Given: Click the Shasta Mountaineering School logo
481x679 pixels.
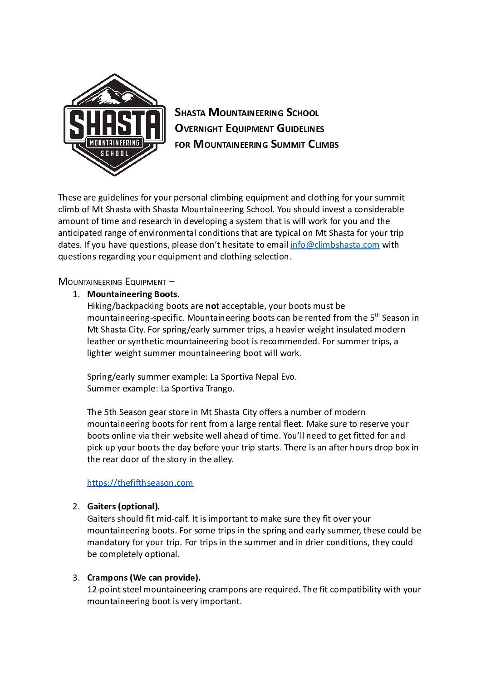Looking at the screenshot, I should coord(114,125).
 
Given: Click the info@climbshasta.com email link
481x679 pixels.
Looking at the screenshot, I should coord(334,245).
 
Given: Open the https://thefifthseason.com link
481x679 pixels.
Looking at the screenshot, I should coord(140,483).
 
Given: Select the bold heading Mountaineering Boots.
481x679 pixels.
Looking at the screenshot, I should coord(133,294).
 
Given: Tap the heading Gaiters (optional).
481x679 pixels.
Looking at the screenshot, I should coord(123,507).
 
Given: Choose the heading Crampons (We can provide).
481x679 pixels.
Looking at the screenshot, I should coord(143,578).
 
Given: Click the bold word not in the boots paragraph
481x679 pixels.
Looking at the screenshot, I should coord(212,306).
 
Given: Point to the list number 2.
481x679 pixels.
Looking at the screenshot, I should coord(76,507).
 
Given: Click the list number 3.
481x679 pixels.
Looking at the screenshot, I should coord(76,578).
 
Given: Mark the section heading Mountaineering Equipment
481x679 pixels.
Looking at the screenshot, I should coord(112,282).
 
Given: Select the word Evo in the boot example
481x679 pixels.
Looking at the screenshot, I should coord(288,377).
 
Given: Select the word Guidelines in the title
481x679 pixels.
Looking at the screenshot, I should coord(300,129).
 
